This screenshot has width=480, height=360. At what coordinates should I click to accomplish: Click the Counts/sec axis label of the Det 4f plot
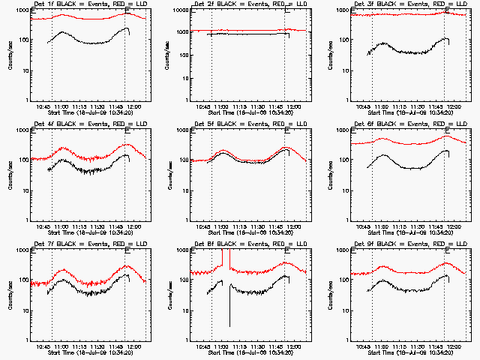coord(9,174)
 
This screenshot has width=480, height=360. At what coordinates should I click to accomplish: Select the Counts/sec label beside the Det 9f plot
coord(329,294)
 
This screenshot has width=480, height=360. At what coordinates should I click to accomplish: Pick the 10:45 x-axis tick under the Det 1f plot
coord(43,106)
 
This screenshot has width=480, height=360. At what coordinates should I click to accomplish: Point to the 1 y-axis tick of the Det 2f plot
coord(190,100)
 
